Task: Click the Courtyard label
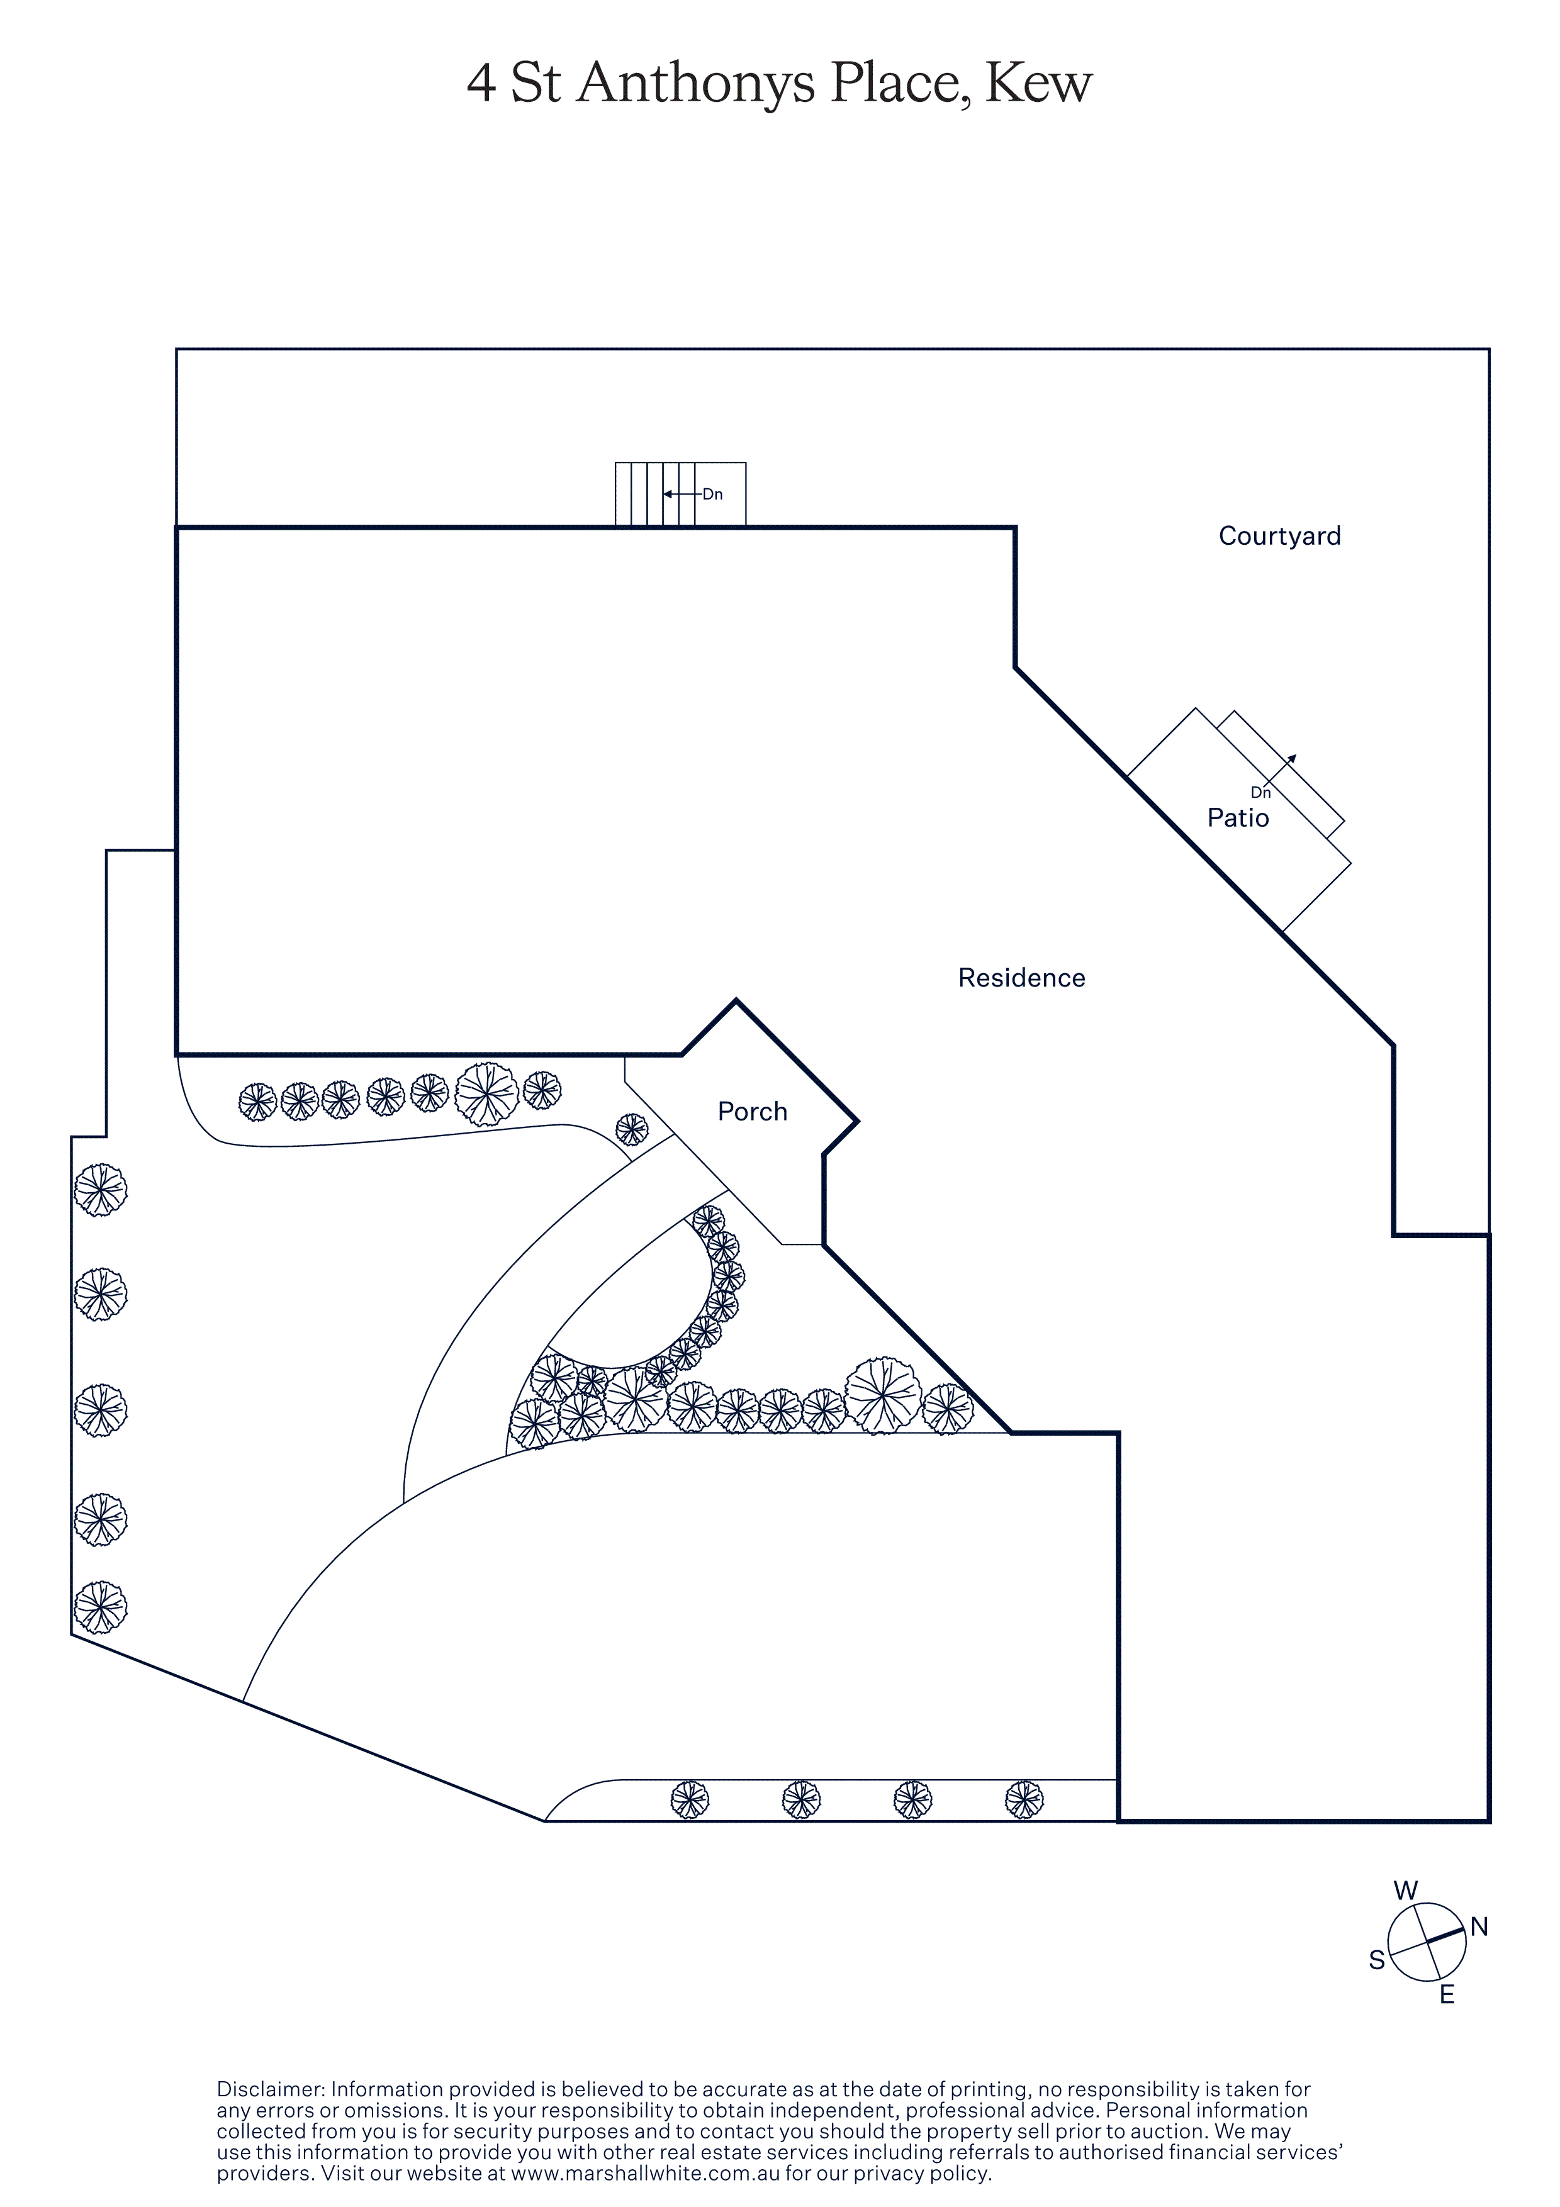click(x=1279, y=537)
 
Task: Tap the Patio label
click(x=1238, y=818)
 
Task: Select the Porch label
click(x=753, y=1112)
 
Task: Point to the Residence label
click(x=1022, y=978)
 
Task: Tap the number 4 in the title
click(x=481, y=84)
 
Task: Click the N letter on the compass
click(x=1479, y=1927)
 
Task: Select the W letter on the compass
click(x=1405, y=1891)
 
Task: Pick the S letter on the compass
click(x=1376, y=1960)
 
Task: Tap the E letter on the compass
click(x=1447, y=1996)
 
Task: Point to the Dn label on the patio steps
click(x=1260, y=793)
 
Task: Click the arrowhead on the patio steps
click(x=1293, y=758)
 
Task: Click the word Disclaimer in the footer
click(x=271, y=2090)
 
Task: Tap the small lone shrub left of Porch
click(x=632, y=1129)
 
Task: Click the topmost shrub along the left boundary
click(x=100, y=1190)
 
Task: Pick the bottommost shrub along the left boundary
click(x=100, y=1607)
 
